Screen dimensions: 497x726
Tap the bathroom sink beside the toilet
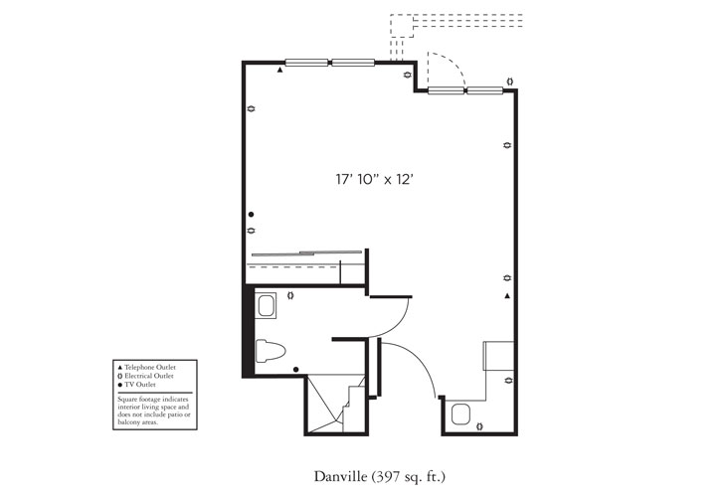[267, 306]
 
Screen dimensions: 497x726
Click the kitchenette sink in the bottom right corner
[460, 413]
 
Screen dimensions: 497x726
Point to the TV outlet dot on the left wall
[252, 215]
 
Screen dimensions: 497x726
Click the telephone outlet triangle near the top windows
[280, 72]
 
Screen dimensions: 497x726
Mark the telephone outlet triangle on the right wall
[507, 296]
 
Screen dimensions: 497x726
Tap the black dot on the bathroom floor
[296, 369]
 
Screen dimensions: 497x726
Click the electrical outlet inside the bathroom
[289, 295]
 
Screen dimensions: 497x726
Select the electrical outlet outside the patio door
[509, 82]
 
